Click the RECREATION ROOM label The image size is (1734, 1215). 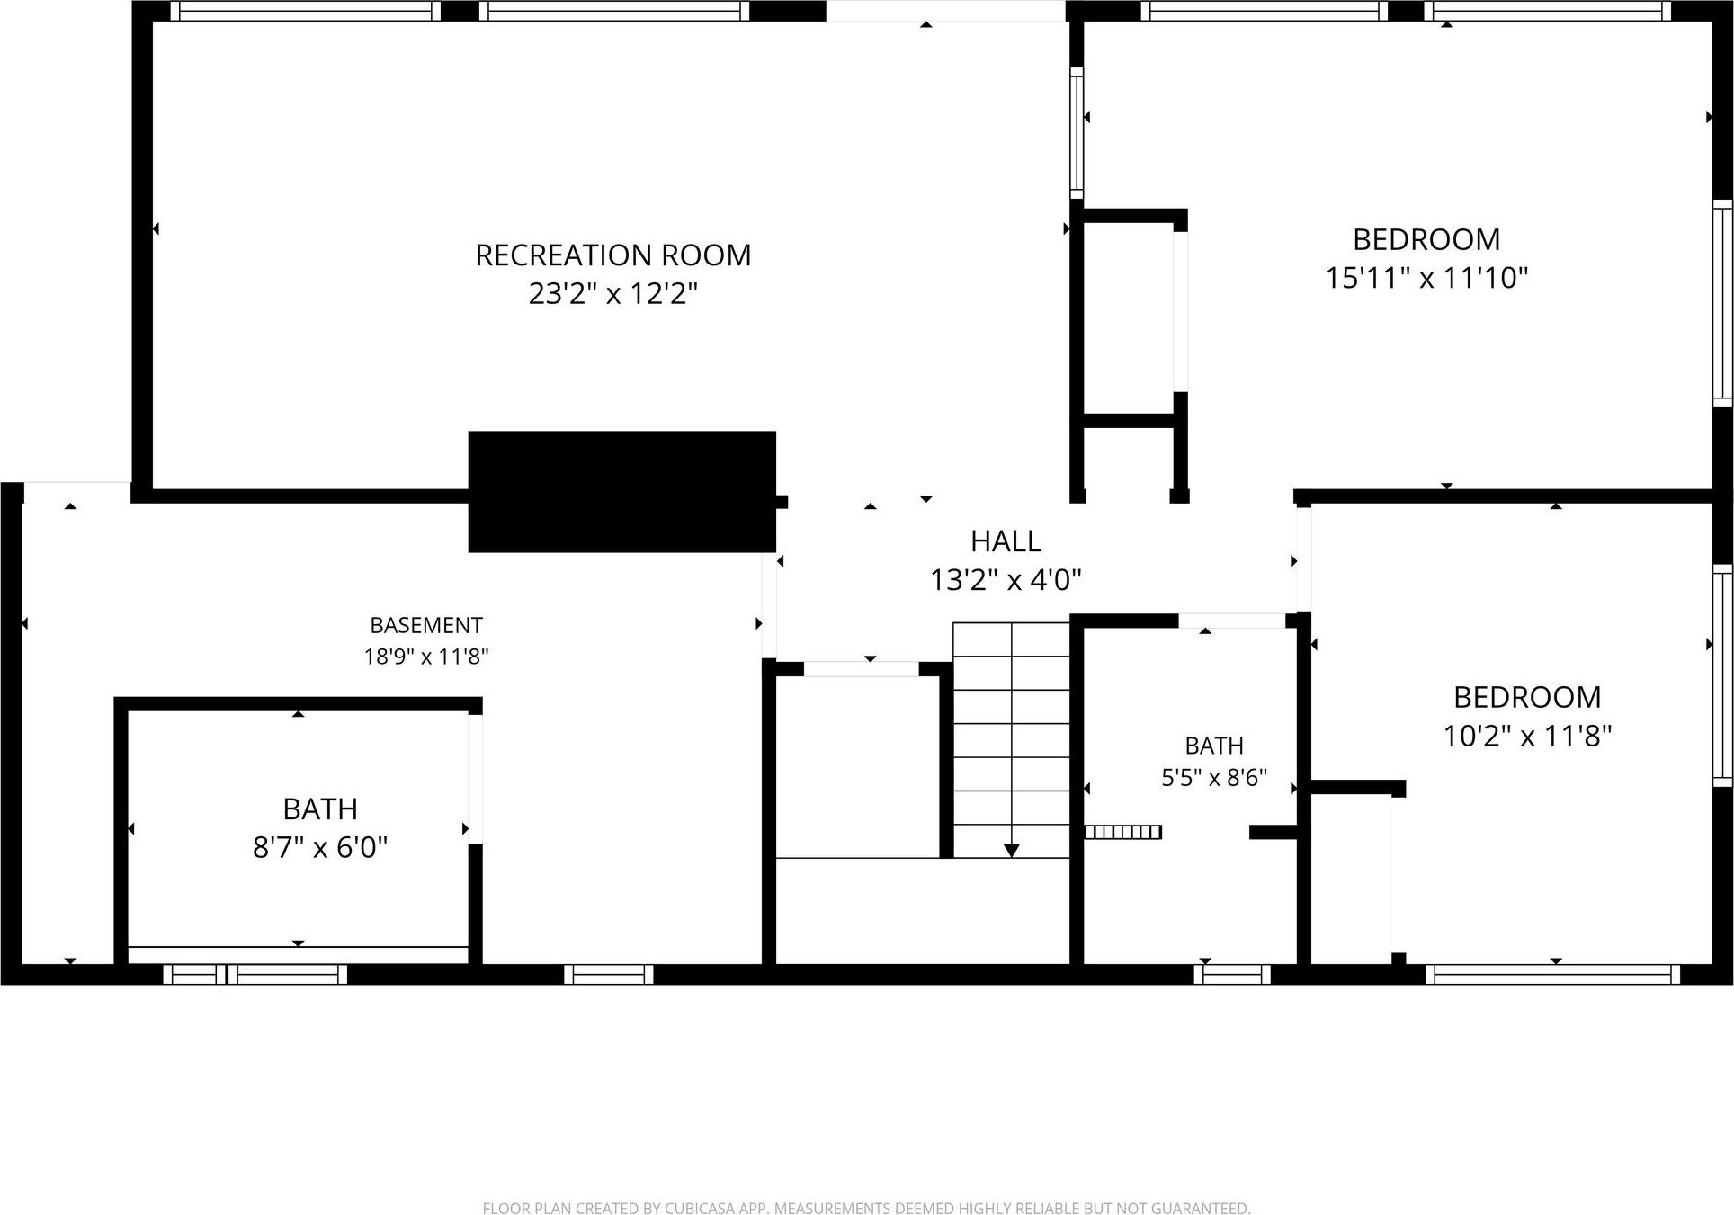612,255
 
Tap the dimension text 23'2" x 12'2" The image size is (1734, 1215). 612,294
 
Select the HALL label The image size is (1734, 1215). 1006,540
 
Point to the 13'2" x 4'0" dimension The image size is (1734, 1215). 1006,580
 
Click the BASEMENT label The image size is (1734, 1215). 426,625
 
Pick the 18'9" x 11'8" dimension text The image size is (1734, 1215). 426,657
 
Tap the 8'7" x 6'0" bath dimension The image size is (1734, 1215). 320,847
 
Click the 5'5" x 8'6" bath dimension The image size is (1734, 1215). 1214,777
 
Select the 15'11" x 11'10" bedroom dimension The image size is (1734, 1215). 1426,278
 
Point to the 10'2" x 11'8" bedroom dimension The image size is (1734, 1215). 1527,737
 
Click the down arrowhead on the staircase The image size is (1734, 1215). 1011,850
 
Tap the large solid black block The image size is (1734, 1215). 622,492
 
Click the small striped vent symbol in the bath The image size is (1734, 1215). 1122,832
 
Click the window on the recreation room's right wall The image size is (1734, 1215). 1077,133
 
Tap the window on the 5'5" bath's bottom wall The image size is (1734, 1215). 1232,974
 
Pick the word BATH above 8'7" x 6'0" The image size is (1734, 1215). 320,809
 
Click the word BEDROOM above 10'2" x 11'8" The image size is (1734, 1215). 1527,697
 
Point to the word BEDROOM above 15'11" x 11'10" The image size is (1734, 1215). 1426,239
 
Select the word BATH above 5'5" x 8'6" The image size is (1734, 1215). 1214,746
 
